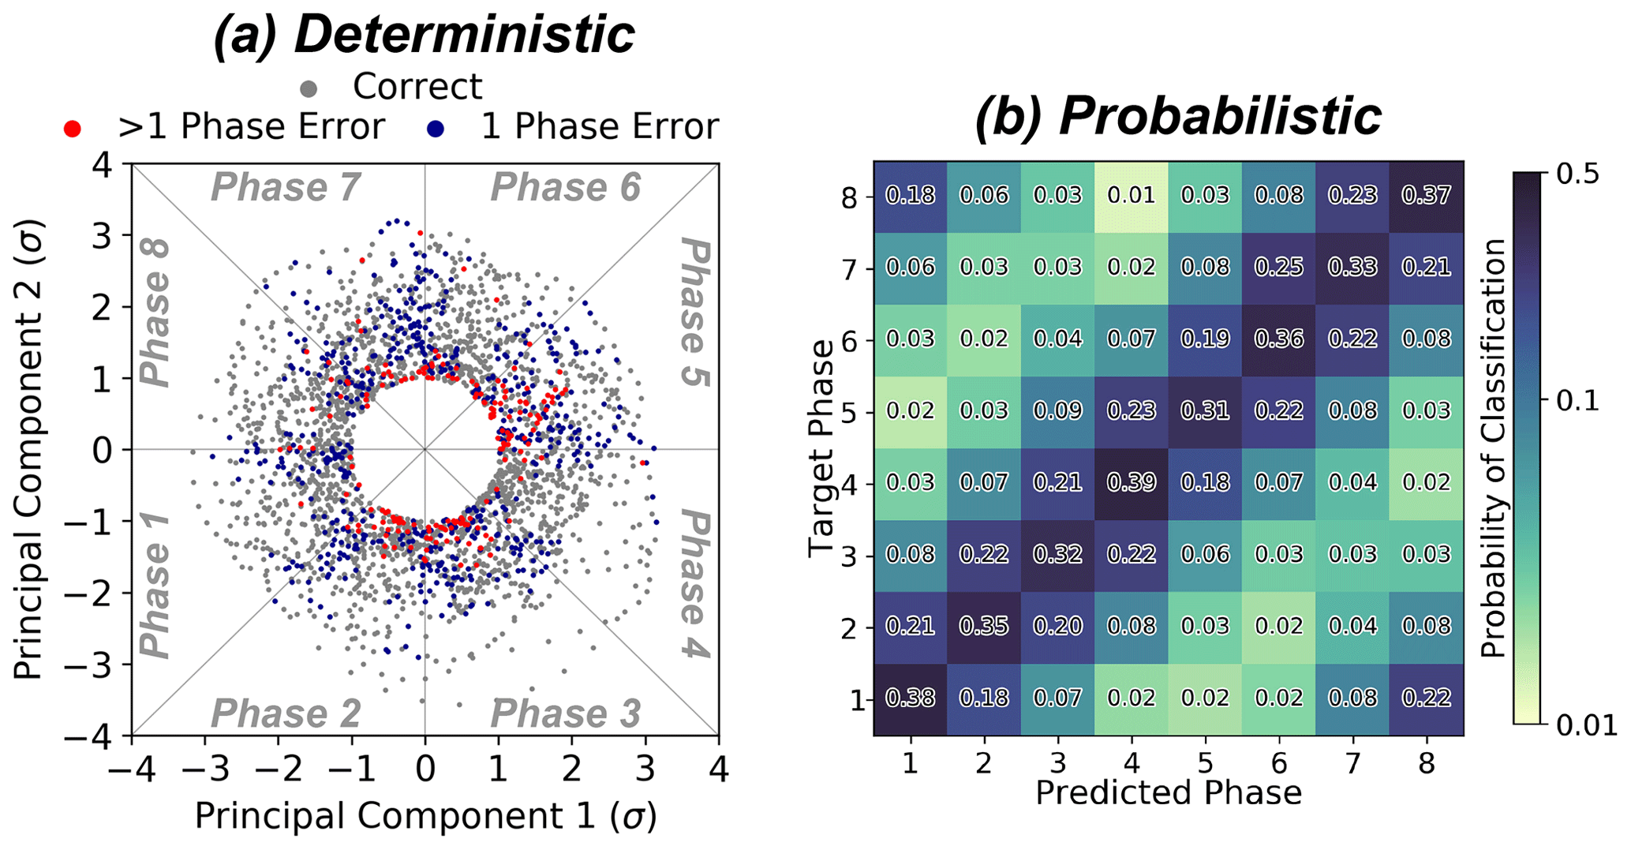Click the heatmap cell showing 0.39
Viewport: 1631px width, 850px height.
(1132, 483)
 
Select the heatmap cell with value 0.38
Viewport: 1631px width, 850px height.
(911, 698)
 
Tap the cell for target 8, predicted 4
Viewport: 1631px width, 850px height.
(1132, 196)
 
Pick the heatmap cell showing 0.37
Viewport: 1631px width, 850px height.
(1427, 196)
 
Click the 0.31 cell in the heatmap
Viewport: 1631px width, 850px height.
(1206, 411)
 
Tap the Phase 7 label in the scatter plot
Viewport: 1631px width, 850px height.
(286, 188)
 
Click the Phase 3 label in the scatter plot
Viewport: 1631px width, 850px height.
(565, 714)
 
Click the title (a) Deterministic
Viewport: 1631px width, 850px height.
(424, 35)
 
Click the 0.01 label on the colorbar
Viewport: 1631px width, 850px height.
(1587, 725)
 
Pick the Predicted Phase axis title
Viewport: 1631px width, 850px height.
(1168, 793)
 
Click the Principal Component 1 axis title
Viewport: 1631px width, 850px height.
(425, 817)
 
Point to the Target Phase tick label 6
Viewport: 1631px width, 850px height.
(848, 340)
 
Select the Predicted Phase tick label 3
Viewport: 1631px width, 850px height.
(1058, 764)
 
